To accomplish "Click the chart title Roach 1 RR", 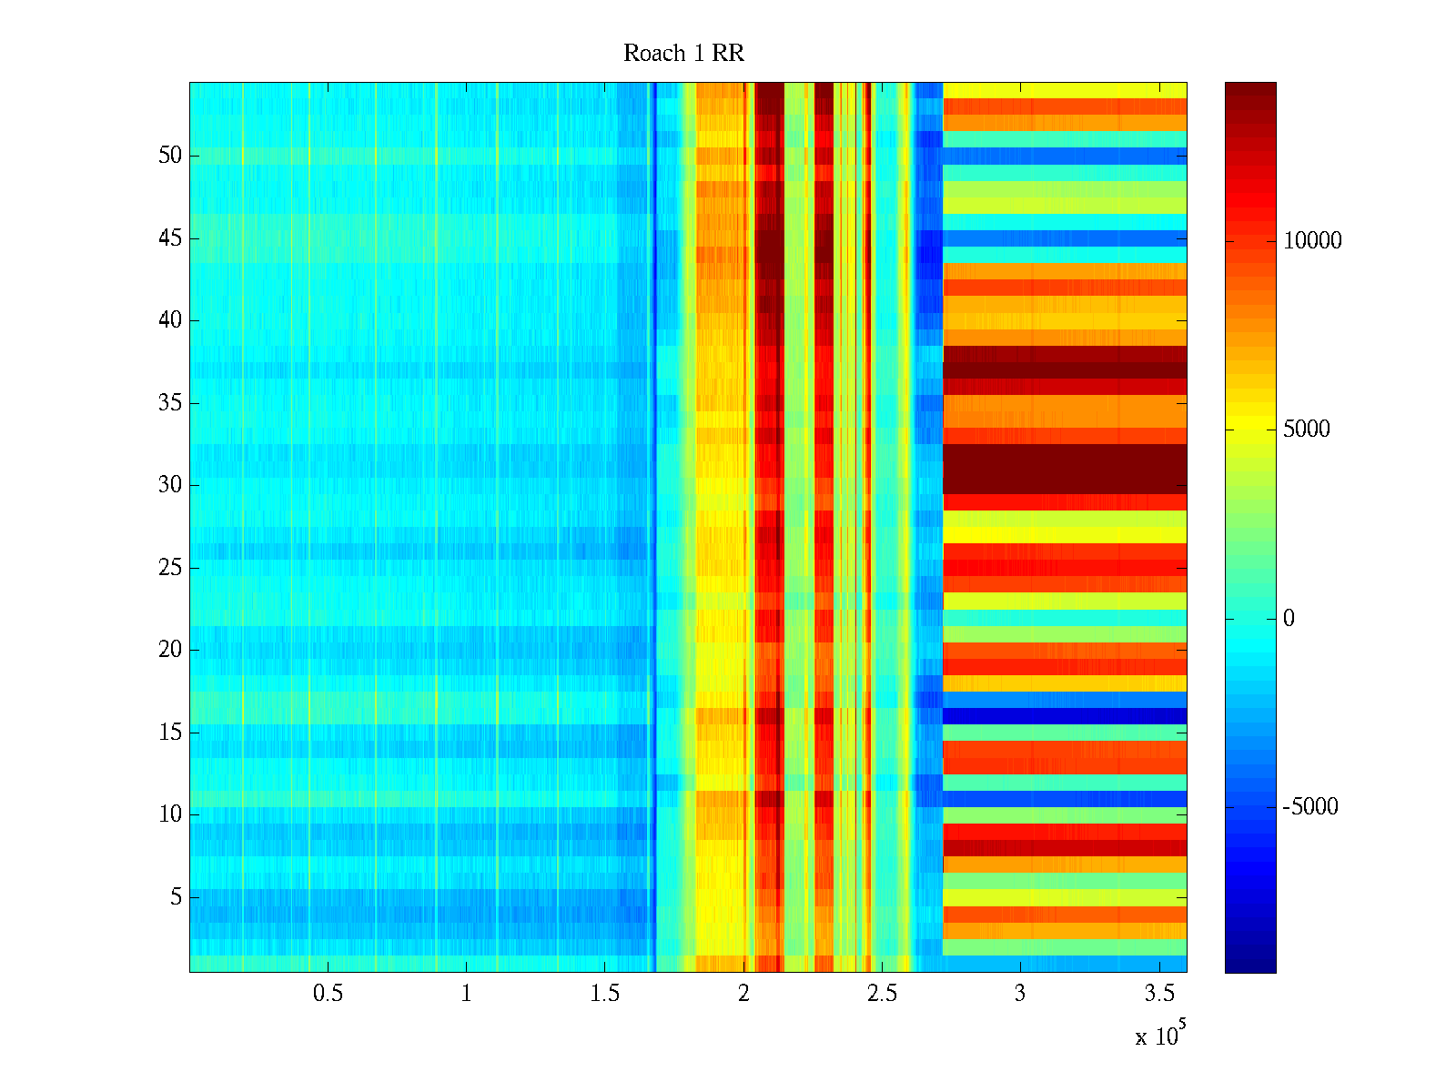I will click(x=683, y=54).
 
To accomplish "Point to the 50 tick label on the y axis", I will click(x=170, y=156).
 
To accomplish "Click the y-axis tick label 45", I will click(x=170, y=238).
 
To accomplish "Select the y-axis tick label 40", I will click(x=170, y=320).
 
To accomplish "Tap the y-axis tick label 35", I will click(x=170, y=403).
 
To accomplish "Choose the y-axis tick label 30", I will click(x=170, y=485).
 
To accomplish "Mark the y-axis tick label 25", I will click(x=170, y=568).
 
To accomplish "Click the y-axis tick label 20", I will click(x=170, y=650).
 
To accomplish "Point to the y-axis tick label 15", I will click(x=170, y=733).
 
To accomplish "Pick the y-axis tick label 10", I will click(x=170, y=814).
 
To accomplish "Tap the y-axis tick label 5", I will click(x=176, y=897).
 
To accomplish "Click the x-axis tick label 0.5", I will click(x=328, y=994).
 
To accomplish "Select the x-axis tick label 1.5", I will click(x=605, y=994).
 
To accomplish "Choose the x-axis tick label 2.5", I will click(x=882, y=994).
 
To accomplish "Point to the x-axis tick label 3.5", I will click(x=1158, y=994).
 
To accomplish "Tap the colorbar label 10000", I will click(x=1312, y=241).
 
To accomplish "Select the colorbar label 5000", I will click(x=1307, y=430).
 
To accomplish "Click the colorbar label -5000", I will click(x=1309, y=807).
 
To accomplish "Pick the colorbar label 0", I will click(x=1289, y=619).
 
